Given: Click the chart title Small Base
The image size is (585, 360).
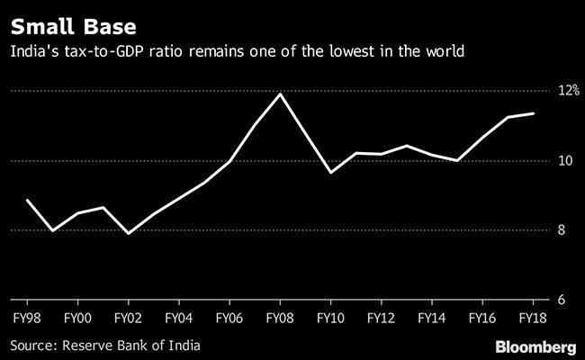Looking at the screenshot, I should tap(62, 21).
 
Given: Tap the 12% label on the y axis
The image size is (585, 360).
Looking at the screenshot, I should tap(567, 91).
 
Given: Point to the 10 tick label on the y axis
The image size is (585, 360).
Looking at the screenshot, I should tap(565, 161).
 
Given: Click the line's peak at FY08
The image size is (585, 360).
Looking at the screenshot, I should tap(281, 94).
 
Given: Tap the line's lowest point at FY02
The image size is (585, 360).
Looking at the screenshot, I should tap(130, 233).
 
